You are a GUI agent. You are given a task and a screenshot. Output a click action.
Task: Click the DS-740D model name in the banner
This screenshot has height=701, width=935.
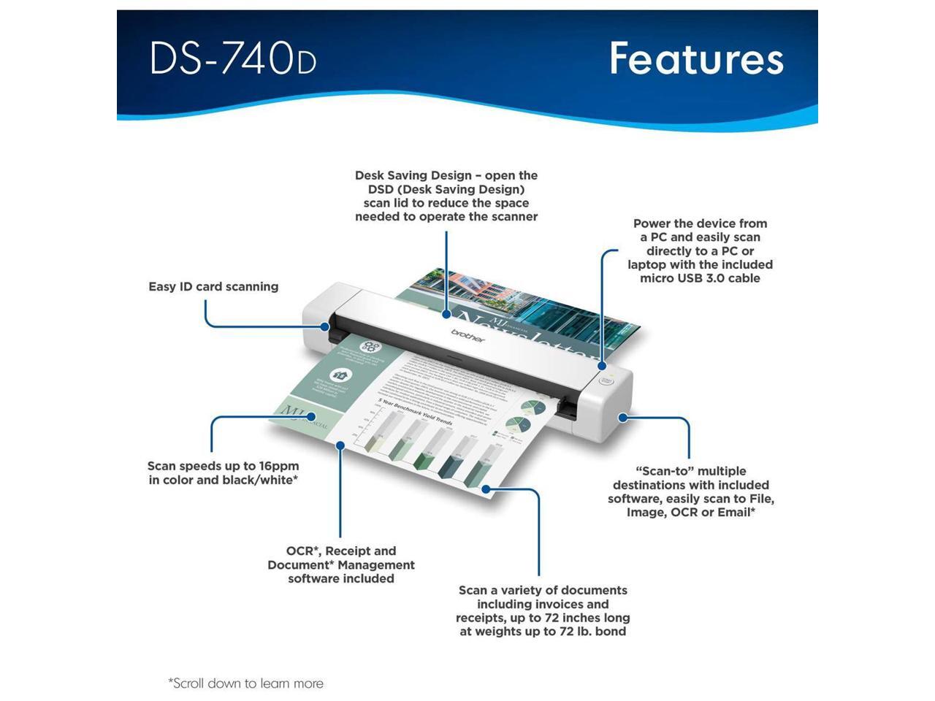click(x=233, y=58)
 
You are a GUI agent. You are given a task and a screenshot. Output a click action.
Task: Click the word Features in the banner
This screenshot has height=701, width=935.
click(x=696, y=58)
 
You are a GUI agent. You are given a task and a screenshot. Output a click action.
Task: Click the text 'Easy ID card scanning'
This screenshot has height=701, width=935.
click(x=213, y=287)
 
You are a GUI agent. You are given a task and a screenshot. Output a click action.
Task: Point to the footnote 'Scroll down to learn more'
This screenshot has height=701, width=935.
click(x=246, y=683)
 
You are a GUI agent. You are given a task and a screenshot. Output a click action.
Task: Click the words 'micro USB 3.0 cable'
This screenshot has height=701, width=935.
click(x=700, y=278)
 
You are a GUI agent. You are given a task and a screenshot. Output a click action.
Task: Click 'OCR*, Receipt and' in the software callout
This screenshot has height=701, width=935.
click(x=341, y=551)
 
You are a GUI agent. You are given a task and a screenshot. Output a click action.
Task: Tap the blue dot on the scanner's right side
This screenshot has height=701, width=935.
click(x=622, y=418)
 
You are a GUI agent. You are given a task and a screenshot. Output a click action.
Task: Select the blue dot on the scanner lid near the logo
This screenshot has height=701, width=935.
click(x=446, y=315)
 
